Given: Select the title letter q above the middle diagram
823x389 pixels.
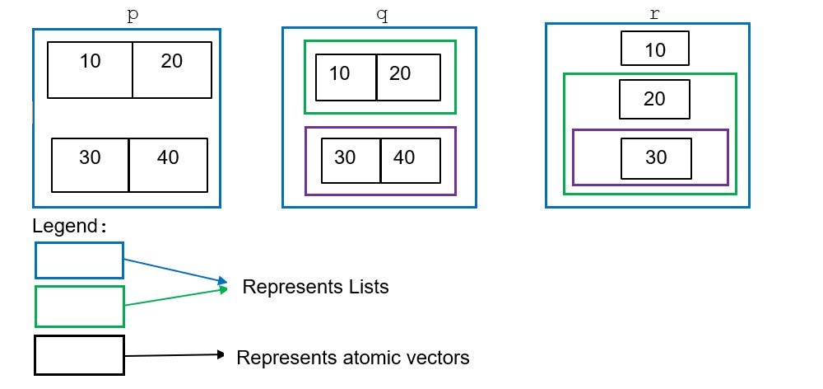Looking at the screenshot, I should [379, 16].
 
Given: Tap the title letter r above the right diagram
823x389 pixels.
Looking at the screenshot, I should [654, 15].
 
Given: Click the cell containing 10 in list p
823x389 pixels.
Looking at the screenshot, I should [91, 70].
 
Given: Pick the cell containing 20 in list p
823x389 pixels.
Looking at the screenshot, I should [172, 70].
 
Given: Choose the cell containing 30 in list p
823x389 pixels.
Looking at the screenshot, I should [91, 165].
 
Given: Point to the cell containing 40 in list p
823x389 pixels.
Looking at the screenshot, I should [168, 165].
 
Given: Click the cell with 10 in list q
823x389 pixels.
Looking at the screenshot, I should [346, 77].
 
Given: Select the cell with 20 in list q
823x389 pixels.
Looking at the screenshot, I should [408, 77].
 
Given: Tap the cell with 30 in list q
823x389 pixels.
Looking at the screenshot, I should [351, 161].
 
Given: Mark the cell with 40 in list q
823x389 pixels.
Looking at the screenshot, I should [410, 161].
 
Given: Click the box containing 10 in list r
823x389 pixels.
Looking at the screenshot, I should [655, 49].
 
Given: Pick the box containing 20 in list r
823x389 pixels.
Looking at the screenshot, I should [654, 100].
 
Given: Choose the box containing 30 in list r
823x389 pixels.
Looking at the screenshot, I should [656, 158].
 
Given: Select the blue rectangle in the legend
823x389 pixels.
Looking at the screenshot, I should [79, 260].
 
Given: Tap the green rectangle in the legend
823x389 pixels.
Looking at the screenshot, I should [79, 307].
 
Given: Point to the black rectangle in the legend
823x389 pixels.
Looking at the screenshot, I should [79, 355].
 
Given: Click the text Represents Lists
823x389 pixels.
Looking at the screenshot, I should [315, 287].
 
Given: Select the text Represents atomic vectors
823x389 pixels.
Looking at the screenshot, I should [353, 358].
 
